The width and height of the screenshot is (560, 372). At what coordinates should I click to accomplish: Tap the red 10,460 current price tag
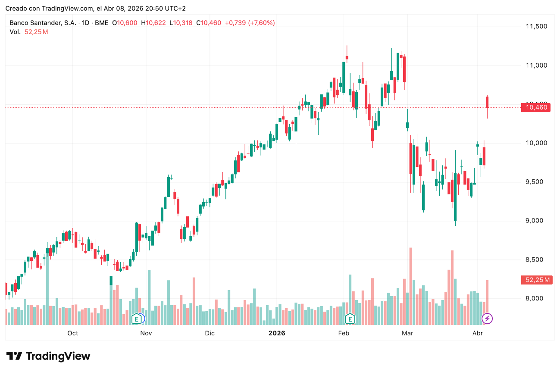(x=536, y=107)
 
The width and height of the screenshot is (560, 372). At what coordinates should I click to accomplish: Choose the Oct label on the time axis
(x=73, y=333)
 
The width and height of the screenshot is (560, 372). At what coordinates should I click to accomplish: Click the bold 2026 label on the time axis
(x=277, y=333)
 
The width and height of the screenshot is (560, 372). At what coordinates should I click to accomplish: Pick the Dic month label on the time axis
(x=210, y=333)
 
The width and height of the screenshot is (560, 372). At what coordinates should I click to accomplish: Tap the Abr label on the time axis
(x=477, y=333)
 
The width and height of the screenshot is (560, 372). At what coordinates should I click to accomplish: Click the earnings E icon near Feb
(x=350, y=319)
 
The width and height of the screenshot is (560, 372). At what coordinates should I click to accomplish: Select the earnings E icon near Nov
(x=137, y=319)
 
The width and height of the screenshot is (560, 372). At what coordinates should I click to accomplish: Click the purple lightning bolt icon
(x=487, y=319)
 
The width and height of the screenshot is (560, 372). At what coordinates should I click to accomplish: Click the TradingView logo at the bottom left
(x=48, y=356)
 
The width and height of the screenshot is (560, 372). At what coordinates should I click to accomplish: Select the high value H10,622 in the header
(x=153, y=23)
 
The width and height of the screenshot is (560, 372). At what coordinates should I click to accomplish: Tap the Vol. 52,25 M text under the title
(x=28, y=32)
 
